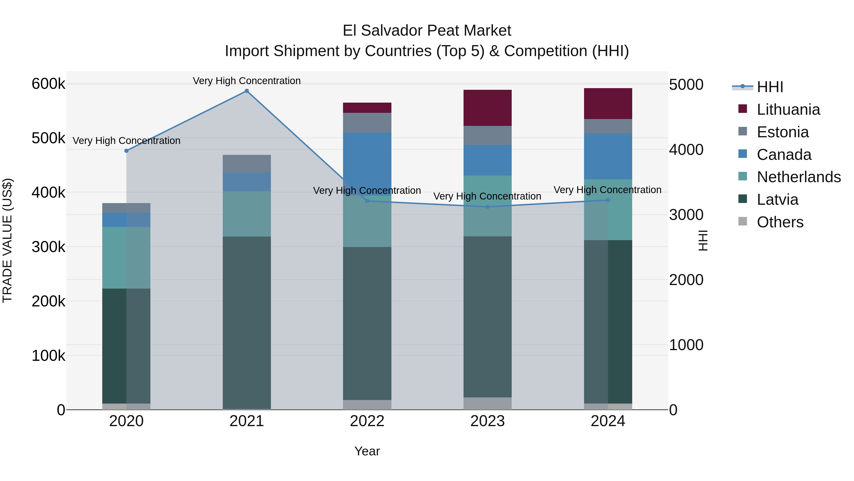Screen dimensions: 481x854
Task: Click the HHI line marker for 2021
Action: tap(247, 91)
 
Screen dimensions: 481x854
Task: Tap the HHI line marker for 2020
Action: tap(126, 151)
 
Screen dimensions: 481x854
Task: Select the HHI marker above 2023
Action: tap(487, 207)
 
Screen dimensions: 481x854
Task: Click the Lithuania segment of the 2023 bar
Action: tap(487, 108)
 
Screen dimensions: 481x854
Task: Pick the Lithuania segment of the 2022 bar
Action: tap(367, 108)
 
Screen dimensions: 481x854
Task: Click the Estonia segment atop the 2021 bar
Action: tap(247, 164)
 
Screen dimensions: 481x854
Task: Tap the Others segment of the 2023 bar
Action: tap(487, 403)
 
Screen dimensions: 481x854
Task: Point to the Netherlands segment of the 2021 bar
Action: tap(247, 214)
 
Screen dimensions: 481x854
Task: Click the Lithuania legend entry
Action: tap(788, 110)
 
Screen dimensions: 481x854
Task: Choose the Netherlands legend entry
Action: tap(798, 177)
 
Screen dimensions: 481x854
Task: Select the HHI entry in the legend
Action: tap(770, 87)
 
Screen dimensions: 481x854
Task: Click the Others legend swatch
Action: tap(743, 221)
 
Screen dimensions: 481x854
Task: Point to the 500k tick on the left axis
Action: tap(48, 138)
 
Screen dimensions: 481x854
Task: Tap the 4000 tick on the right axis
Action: tap(686, 150)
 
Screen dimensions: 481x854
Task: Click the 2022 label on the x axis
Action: tap(367, 421)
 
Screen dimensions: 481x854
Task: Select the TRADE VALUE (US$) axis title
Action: tap(7, 240)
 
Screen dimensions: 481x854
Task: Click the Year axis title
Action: tap(367, 451)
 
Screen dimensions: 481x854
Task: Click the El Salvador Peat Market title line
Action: tap(427, 31)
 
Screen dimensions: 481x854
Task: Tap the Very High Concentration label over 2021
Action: tap(247, 81)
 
